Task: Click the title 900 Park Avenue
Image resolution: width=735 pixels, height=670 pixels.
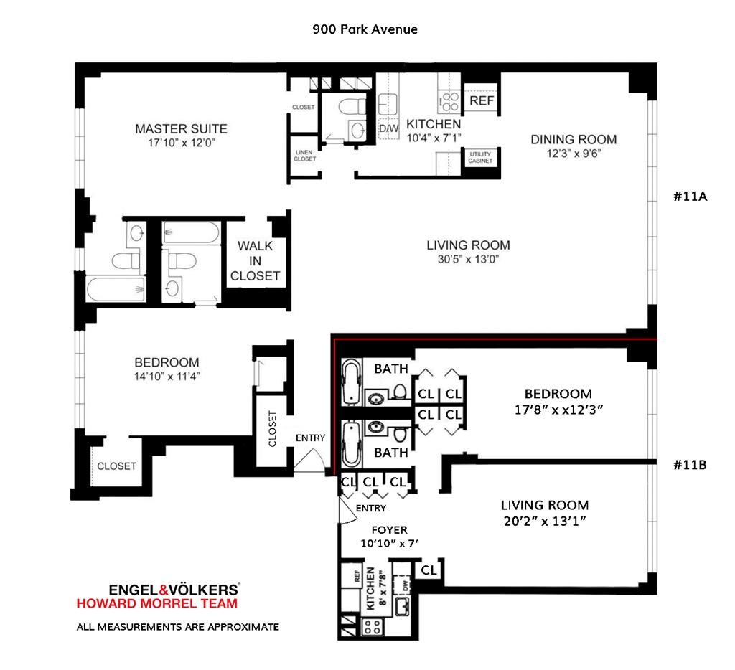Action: pos(365,29)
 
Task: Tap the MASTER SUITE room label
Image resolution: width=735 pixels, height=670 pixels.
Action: pos(181,129)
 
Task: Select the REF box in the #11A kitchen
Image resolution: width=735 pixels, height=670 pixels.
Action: pos(482,100)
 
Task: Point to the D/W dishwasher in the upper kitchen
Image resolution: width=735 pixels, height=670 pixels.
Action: pos(388,128)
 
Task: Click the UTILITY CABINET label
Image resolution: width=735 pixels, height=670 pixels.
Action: pos(480,157)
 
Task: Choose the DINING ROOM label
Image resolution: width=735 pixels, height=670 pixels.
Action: pos(574,140)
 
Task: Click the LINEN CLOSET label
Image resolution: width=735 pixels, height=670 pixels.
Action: pos(304,156)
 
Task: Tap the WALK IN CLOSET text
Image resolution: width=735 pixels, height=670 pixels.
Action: pos(255,261)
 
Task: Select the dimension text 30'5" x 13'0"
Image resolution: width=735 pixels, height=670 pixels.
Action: pos(468,259)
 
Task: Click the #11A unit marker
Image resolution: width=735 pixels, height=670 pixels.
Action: pos(690,197)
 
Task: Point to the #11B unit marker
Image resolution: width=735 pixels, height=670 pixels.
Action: pos(690,465)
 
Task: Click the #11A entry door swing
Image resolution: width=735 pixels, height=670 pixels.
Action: pos(310,460)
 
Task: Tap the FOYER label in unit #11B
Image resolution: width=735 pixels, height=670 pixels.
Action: pos(389,530)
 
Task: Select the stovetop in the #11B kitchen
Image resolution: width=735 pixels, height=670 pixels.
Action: pos(373,627)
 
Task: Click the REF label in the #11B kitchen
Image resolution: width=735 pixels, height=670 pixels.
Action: pos(357,576)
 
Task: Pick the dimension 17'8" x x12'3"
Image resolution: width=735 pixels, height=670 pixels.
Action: pos(558,410)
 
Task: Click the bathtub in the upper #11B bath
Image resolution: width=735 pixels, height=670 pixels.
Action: pos(351,382)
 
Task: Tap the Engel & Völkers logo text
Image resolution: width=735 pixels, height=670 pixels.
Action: pos(174,590)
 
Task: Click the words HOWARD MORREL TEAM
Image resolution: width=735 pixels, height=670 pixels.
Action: pos(157,603)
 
